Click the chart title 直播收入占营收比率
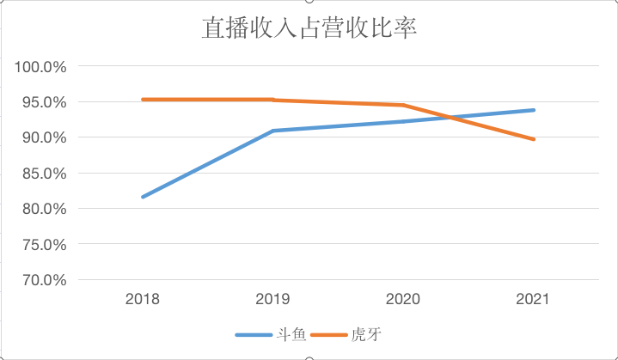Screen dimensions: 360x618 pos(309,28)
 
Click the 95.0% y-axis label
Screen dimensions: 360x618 pos(42,102)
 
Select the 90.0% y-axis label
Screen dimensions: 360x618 pos(42,137)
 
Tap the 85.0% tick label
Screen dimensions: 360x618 pos(42,174)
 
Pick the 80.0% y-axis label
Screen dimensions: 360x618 pos(42,209)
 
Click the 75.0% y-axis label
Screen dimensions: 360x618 pos(42,245)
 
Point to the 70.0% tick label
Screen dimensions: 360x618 pos(42,280)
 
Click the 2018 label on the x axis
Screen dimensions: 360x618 pos(142,300)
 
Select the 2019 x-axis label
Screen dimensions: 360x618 pos(272,300)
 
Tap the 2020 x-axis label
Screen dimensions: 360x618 pos(402,300)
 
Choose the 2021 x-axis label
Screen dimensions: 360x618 pos(533,300)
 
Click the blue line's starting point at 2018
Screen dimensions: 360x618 pos(143,197)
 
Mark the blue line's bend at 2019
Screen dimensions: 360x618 pos(272,131)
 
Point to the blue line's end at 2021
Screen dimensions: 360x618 pos(534,110)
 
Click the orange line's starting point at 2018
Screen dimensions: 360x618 pos(143,100)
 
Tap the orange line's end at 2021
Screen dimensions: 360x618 pos(534,139)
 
